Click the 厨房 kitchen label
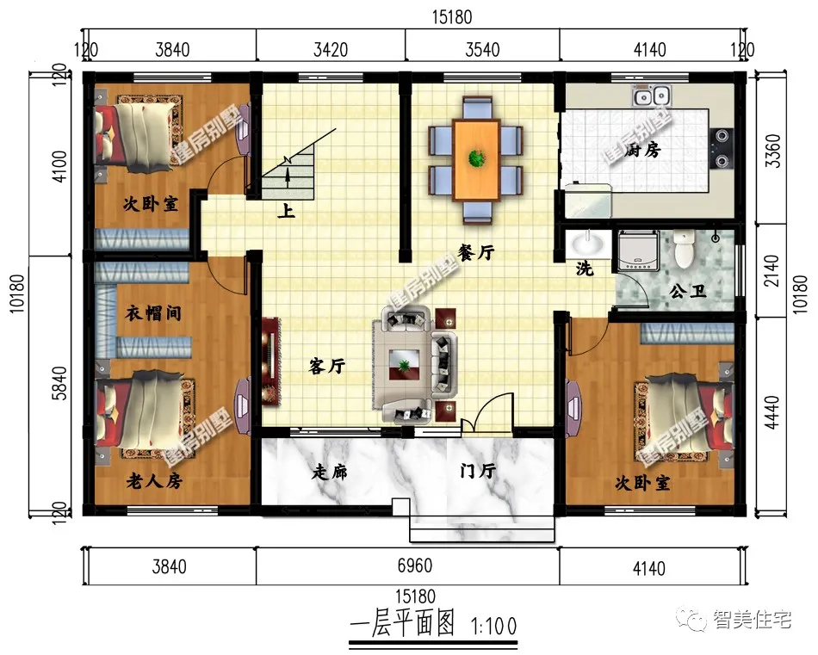[642, 150]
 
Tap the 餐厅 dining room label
[476, 253]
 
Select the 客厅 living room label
[326, 366]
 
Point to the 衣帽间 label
[153, 313]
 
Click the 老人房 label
[154, 480]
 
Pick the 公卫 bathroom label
[688, 291]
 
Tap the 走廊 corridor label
[329, 472]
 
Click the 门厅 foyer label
[478, 471]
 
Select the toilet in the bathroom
[684, 250]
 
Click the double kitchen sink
[652, 96]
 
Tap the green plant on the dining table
[476, 158]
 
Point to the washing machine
[638, 250]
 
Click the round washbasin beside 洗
[588, 244]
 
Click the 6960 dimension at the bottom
[415, 565]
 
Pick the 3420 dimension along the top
[331, 50]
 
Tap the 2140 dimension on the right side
[772, 270]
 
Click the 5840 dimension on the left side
[60, 383]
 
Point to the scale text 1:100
[493, 627]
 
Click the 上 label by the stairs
[286, 211]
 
